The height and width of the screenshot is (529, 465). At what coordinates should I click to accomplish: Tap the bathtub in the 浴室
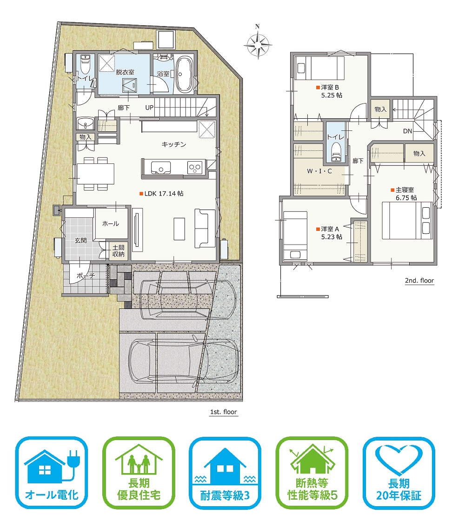(184, 75)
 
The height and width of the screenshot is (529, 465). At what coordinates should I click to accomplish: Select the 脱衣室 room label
(125, 72)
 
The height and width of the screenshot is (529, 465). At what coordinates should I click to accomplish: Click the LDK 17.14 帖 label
(161, 193)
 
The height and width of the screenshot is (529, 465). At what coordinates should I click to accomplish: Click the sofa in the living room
(205, 228)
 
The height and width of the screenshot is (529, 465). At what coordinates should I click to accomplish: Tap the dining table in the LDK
(95, 173)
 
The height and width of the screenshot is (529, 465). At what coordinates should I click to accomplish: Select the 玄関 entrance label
(80, 240)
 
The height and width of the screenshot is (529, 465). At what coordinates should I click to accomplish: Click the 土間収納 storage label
(118, 251)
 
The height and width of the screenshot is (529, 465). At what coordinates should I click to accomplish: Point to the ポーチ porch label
(86, 276)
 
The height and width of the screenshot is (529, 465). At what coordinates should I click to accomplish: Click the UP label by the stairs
(149, 108)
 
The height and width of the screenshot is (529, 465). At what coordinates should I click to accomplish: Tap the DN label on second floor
(407, 131)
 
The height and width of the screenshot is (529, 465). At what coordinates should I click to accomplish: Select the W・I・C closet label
(319, 171)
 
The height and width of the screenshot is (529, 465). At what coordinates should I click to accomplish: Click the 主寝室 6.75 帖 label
(404, 194)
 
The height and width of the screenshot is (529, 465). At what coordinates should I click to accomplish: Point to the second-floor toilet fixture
(336, 152)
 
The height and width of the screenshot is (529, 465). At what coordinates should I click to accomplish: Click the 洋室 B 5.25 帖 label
(329, 91)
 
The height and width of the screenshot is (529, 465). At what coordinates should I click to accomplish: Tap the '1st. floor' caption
(223, 412)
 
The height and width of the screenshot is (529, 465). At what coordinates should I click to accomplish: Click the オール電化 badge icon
(52, 473)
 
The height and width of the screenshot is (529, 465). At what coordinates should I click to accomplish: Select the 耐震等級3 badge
(225, 473)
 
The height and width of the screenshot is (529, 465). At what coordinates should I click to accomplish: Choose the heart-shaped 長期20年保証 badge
(399, 473)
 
